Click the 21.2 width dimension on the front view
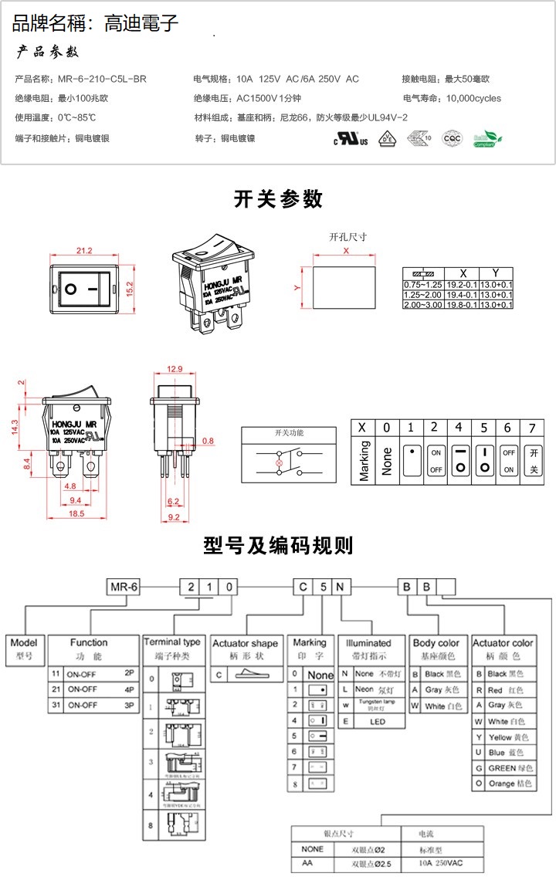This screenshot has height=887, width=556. [x=84, y=250]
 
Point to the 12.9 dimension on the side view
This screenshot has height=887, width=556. [x=175, y=368]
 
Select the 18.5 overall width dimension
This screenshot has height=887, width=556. [x=76, y=513]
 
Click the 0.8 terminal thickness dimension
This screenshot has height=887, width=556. [x=208, y=441]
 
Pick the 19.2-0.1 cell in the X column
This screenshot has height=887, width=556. [x=463, y=285]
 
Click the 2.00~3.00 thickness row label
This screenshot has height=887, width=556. [x=422, y=305]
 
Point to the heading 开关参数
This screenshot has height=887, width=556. [x=278, y=198]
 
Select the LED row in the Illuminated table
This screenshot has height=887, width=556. [x=375, y=722]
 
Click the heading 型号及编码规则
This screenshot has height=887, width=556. [x=278, y=546]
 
